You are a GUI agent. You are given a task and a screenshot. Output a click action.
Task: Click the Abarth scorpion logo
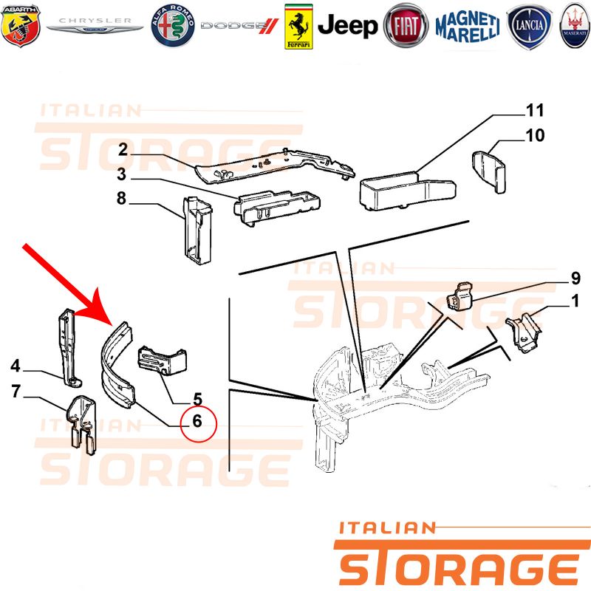21,26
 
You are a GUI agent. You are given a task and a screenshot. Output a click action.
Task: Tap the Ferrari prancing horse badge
298,27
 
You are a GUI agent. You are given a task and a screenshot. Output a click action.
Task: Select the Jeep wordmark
347,26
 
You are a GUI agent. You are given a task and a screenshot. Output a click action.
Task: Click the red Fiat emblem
406,26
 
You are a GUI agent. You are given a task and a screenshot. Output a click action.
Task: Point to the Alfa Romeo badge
173,26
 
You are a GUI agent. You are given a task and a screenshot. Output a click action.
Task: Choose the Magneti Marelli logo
468,26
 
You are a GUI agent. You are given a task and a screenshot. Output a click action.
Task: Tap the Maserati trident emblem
575,26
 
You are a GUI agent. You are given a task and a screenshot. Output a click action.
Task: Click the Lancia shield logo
530,27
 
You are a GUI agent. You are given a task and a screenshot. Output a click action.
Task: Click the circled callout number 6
197,421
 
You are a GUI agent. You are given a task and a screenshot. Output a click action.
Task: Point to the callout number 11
535,110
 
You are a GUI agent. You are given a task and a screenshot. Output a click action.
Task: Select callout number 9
575,279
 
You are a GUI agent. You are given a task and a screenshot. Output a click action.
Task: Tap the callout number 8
121,198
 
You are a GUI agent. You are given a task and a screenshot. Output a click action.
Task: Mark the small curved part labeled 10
489,171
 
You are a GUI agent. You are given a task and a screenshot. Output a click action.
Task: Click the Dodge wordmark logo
239,26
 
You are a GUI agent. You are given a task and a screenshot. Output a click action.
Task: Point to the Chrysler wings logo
95,25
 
